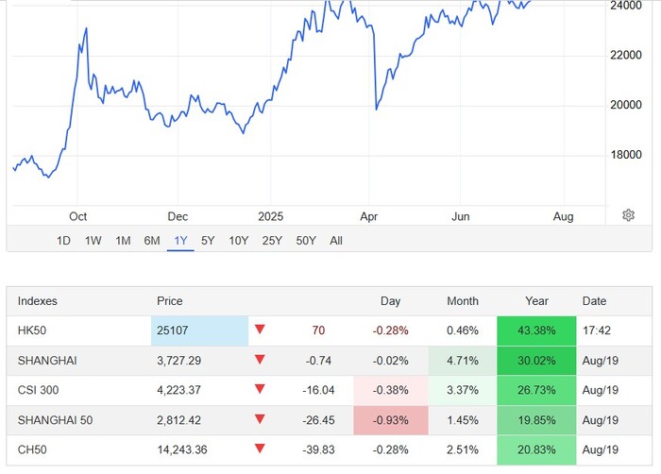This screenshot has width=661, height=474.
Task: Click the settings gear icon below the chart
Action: [628, 215]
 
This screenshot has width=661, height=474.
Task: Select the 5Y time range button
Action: [208, 241]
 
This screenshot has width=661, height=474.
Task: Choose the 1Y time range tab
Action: [179, 241]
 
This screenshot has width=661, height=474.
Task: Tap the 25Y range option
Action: [272, 241]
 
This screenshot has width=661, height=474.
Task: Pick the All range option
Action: [336, 241]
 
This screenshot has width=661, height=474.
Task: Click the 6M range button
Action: [152, 241]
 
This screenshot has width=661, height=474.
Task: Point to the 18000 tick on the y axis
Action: [628, 155]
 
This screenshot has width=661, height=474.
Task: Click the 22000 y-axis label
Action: [628, 55]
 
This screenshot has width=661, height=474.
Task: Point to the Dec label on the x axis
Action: [178, 216]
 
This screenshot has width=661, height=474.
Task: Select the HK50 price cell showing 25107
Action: [200, 330]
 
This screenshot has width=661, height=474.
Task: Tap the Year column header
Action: [536, 301]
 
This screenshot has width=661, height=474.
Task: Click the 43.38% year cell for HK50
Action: [535, 330]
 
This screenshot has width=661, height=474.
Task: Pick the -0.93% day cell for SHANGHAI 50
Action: [390, 419]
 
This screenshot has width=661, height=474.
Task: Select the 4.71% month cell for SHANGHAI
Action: [462, 361]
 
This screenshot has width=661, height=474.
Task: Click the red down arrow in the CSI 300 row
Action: [260, 390]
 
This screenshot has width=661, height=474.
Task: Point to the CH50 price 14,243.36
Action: [190, 449]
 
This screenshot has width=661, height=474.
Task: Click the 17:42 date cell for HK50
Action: [595, 330]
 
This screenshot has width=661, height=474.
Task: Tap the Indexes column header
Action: [38, 301]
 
